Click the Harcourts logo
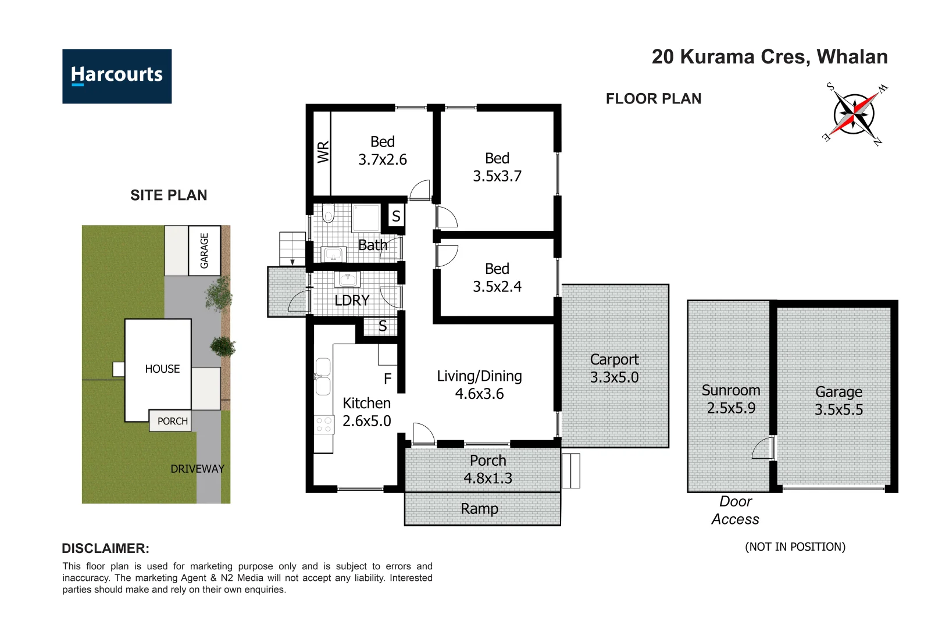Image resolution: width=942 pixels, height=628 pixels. [117, 76]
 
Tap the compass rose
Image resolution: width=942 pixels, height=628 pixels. [854, 114]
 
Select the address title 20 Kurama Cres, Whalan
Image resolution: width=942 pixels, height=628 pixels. [769, 57]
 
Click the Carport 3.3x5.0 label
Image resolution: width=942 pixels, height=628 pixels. [614, 369]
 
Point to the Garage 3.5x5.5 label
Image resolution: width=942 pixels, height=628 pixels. [838, 401]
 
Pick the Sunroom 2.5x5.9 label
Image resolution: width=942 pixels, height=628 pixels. [731, 399]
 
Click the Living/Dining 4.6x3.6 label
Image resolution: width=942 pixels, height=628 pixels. [479, 385]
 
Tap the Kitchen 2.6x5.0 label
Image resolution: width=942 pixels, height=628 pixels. [366, 412]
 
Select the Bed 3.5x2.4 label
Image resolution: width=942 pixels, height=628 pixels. [497, 277]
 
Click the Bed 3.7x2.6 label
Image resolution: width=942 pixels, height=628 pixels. [383, 151]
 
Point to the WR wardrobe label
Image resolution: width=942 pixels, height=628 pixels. [323, 152]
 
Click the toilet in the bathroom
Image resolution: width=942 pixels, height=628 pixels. [328, 214]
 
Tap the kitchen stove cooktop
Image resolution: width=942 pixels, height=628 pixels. [323, 424]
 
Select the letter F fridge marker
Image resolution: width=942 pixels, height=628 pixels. [387, 379]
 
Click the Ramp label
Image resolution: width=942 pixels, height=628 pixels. [479, 509]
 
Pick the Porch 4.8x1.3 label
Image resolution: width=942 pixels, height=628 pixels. [488, 469]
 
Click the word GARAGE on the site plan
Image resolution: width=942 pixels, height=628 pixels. [204, 251]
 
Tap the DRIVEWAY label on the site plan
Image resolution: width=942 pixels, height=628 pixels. [197, 469]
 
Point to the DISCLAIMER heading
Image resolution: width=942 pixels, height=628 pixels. [105, 548]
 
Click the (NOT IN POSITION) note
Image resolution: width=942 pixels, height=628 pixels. [795, 547]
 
